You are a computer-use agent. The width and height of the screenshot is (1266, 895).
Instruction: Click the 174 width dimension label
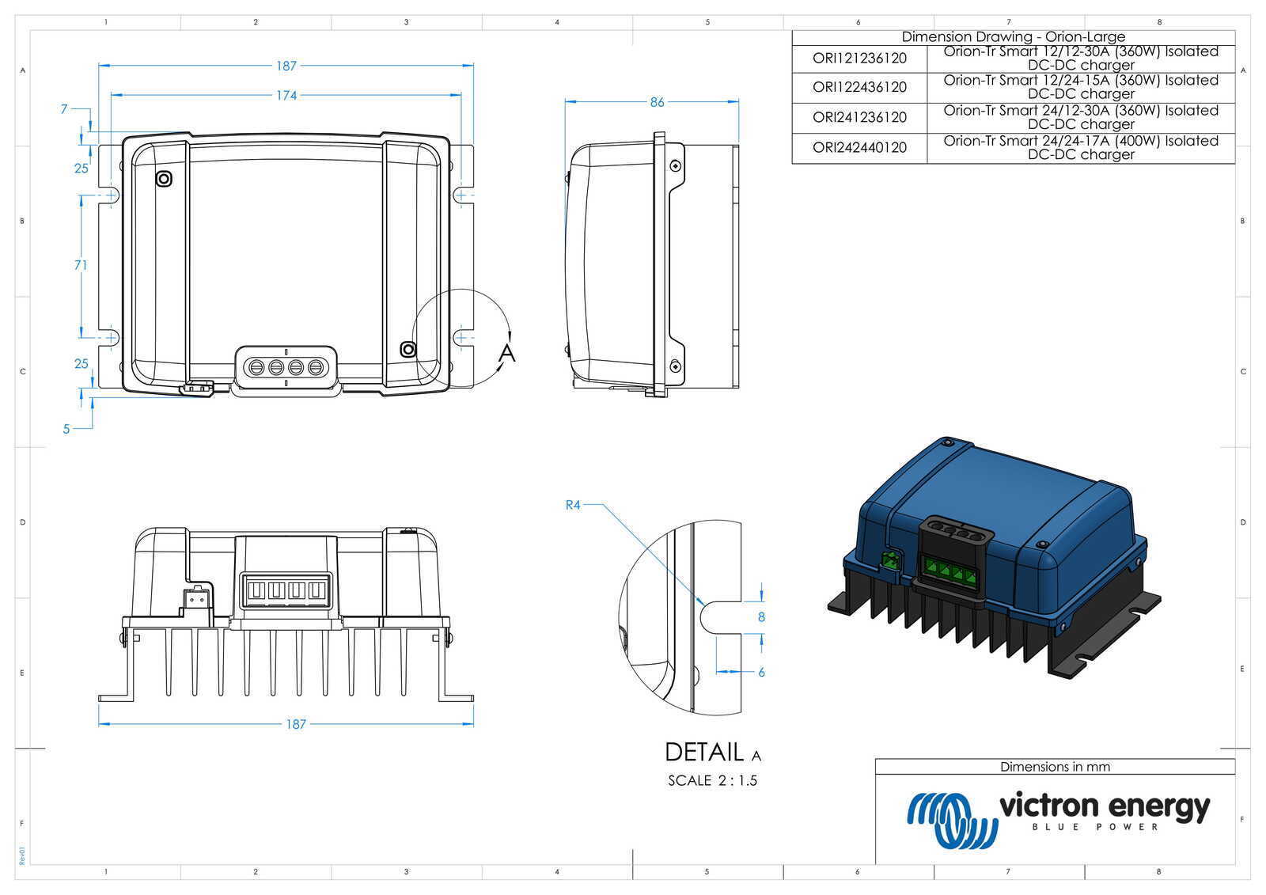[286, 95]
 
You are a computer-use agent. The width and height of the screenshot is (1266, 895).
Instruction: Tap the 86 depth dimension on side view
[657, 102]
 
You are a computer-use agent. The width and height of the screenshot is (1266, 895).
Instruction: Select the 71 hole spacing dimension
[81, 265]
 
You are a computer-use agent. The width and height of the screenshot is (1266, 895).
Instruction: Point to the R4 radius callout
[573, 505]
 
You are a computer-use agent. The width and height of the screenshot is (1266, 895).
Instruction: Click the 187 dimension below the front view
[295, 724]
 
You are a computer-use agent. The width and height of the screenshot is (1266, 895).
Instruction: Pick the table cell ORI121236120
[859, 59]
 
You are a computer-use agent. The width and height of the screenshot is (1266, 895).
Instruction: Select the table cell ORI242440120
[859, 148]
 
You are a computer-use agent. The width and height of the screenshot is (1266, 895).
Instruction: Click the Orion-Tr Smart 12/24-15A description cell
[1080, 87]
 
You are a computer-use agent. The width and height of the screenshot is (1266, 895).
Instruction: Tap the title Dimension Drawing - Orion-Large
[1013, 37]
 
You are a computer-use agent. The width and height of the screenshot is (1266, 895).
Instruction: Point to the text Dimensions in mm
[1055, 767]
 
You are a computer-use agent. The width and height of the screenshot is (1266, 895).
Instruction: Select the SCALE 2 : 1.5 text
[712, 781]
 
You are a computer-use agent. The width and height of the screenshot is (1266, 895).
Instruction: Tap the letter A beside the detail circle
[507, 353]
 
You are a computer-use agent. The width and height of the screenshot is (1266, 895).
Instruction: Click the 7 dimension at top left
[64, 109]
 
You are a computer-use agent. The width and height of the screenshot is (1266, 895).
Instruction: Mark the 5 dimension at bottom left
[66, 429]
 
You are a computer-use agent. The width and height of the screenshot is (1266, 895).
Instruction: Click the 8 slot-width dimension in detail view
[761, 617]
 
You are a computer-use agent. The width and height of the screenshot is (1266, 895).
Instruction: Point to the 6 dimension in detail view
[761, 672]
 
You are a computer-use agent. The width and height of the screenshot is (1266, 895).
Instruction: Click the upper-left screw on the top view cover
[164, 179]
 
